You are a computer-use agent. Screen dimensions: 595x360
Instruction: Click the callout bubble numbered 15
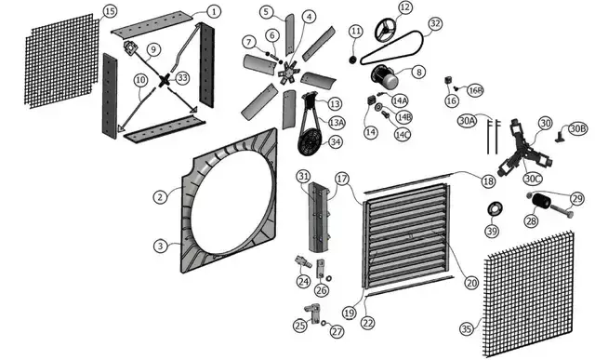click(110, 11)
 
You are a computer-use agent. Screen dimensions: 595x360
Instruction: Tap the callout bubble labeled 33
click(182, 78)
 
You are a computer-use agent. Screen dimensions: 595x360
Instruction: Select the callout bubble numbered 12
click(405, 7)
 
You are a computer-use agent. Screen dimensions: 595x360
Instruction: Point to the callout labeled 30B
click(577, 129)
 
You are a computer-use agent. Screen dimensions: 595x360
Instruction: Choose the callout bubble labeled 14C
click(403, 135)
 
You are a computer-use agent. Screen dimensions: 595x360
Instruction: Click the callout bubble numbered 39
click(492, 231)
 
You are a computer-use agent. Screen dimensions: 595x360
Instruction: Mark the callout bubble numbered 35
click(467, 329)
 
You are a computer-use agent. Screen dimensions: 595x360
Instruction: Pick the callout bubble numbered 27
click(337, 331)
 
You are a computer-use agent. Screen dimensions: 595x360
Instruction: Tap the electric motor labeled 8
click(385, 76)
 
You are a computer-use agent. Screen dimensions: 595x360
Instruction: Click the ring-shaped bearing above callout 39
click(496, 208)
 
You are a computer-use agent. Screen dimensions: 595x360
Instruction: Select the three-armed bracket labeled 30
click(524, 152)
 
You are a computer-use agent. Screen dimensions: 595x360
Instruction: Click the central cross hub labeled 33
click(165, 81)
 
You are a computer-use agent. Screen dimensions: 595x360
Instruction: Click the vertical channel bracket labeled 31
click(319, 217)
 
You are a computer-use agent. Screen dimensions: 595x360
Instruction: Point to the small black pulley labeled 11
click(353, 60)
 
